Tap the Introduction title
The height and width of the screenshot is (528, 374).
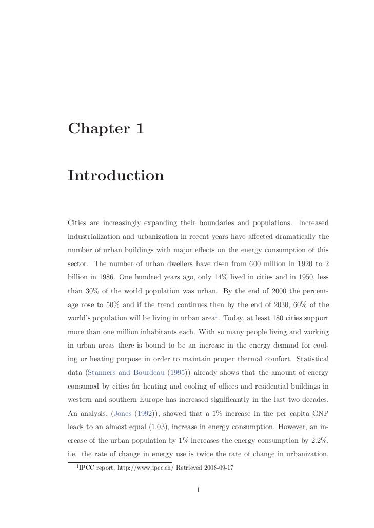coord(115,175)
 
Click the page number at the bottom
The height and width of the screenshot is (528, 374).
coord(198,490)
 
